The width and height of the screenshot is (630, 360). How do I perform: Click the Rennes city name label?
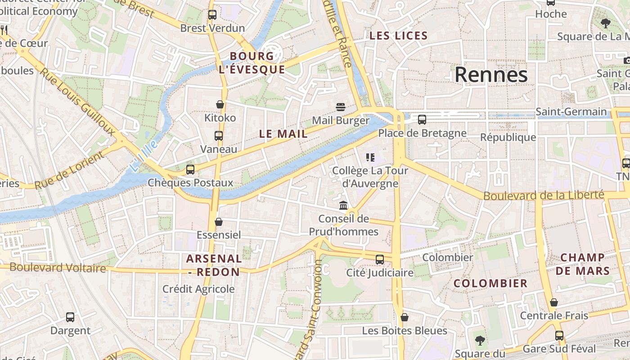491,75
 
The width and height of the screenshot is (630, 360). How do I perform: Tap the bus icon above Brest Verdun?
212,15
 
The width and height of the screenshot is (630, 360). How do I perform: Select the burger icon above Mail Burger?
341,107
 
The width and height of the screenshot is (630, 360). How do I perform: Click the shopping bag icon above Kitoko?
220,104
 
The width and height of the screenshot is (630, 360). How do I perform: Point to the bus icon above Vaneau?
219,135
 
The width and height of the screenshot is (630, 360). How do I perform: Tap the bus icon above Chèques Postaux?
190,170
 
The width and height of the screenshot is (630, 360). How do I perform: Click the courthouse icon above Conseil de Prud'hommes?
343,206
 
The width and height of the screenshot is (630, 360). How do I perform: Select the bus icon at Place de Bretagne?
422,120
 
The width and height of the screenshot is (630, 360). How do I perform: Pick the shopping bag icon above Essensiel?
219,222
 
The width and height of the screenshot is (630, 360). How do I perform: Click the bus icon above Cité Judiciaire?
380,260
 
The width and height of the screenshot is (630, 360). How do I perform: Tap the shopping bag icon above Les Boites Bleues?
405,318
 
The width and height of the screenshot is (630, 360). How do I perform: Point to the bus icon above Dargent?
70,317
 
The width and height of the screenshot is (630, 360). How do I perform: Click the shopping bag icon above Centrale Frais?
554,302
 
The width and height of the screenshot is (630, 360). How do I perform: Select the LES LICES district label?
398,36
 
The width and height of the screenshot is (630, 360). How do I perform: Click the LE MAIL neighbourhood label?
283,134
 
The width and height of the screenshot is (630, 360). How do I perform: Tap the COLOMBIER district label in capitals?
490,283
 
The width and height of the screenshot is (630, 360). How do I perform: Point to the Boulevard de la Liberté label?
543,195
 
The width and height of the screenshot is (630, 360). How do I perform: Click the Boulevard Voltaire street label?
58,268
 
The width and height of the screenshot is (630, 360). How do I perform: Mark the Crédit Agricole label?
198,289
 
